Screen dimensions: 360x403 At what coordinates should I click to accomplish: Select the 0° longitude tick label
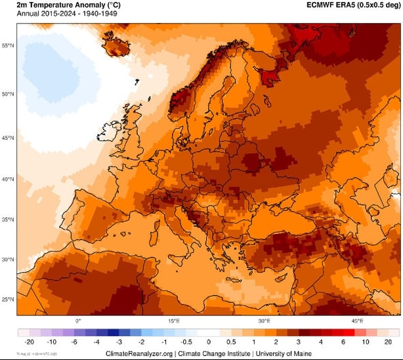pyautogui.click(x=77, y=321)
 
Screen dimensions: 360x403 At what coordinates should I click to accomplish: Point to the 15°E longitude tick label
pyautogui.click(x=174, y=321)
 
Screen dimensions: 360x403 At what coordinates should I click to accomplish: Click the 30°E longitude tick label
pyautogui.click(x=264, y=321)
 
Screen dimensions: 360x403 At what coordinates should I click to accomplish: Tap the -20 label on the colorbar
pyautogui.click(x=29, y=342)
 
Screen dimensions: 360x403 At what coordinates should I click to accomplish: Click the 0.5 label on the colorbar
pyautogui.click(x=231, y=342)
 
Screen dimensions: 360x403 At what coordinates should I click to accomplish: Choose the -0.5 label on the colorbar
pyautogui.click(x=186, y=342)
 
